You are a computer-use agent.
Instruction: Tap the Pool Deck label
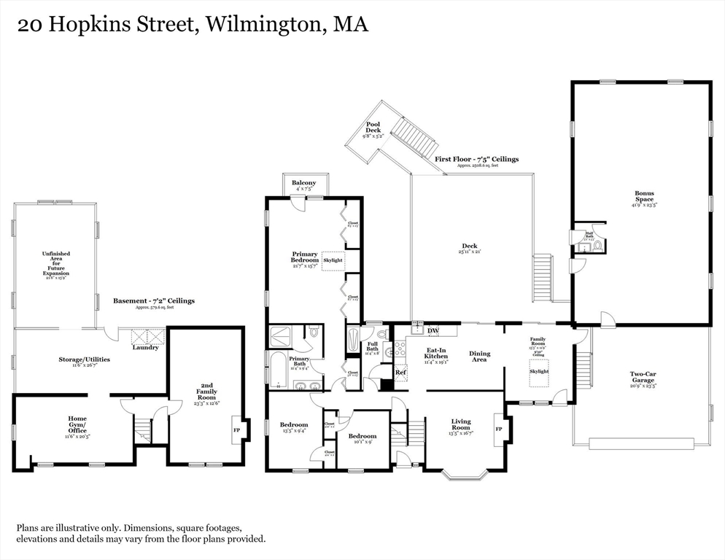(x=373, y=128)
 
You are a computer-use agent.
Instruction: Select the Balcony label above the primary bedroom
(x=304, y=183)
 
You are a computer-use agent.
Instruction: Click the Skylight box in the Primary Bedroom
(x=332, y=260)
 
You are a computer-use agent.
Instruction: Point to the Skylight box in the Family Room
(x=539, y=371)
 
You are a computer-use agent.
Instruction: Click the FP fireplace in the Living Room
(x=499, y=429)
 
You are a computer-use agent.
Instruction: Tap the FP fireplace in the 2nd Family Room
(x=236, y=430)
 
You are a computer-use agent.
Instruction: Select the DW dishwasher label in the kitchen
(x=433, y=331)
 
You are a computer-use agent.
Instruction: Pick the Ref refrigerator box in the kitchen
(x=400, y=372)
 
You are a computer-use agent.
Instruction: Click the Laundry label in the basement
(x=145, y=347)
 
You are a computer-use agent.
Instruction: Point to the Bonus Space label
(x=644, y=197)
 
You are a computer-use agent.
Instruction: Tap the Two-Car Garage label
(x=643, y=377)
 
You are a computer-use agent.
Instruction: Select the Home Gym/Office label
(x=77, y=424)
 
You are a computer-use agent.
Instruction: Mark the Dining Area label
(x=479, y=357)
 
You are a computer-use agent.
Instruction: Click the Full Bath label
(x=372, y=349)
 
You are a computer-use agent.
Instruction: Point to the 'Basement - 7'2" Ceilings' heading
(x=154, y=300)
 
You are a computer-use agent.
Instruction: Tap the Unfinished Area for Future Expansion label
(x=55, y=263)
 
